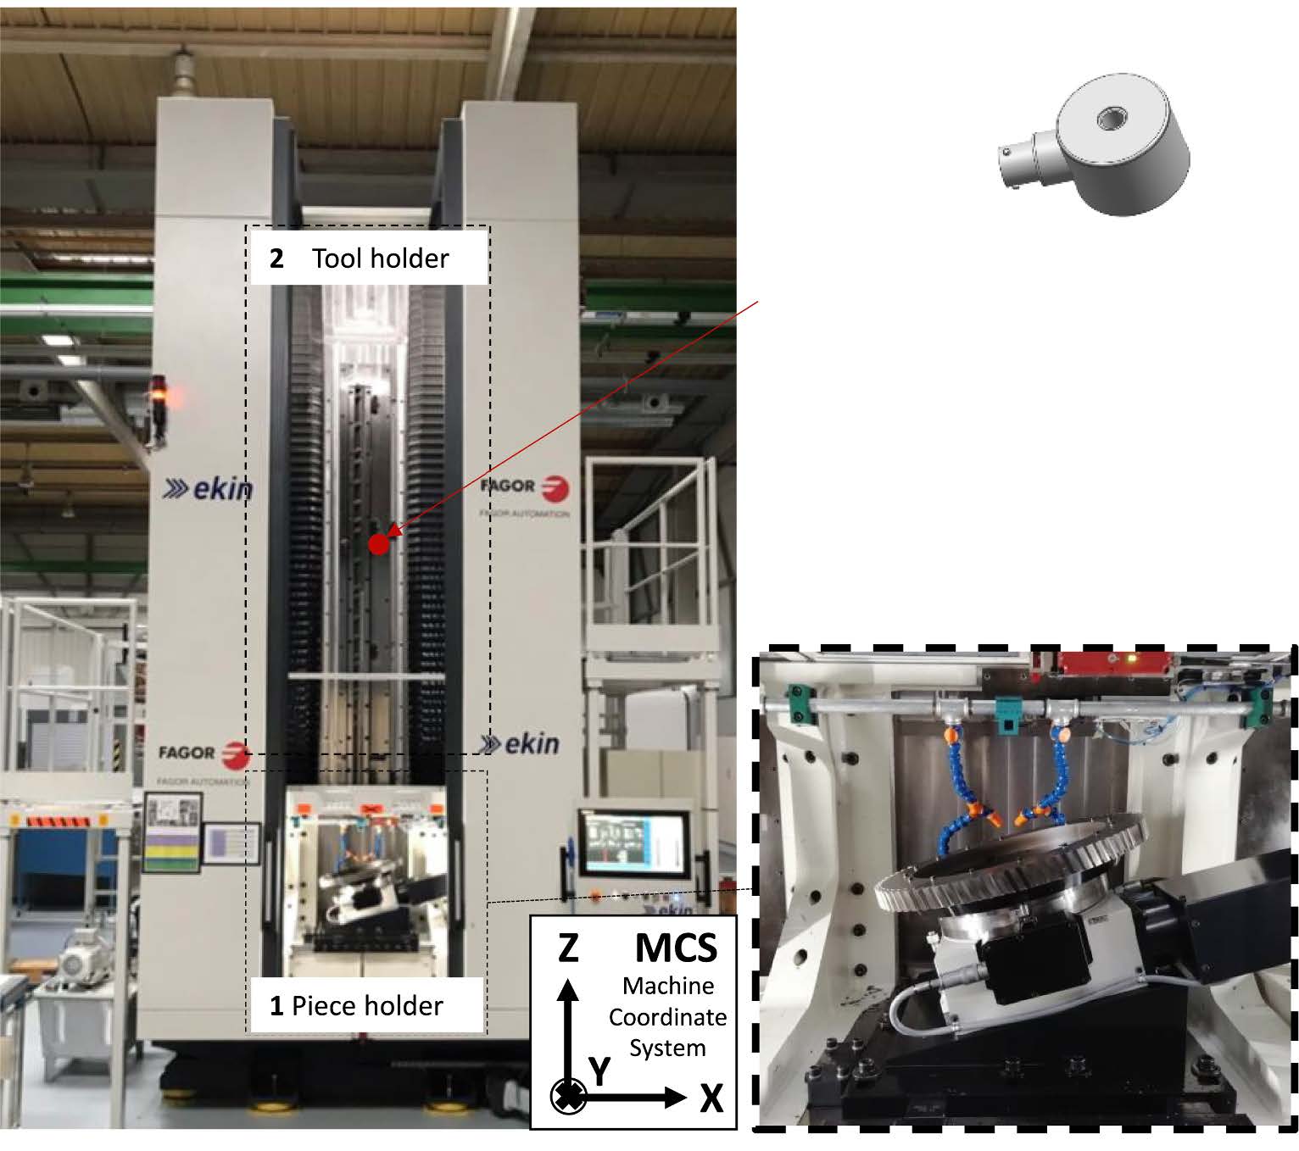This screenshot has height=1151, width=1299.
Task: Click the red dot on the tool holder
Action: [x=379, y=544]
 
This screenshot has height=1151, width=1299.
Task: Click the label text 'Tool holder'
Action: [x=380, y=259]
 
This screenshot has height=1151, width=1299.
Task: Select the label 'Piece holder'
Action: [x=367, y=1006]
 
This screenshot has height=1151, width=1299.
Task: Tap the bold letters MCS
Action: [x=676, y=947]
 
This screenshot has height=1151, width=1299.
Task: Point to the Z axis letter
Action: [x=568, y=948]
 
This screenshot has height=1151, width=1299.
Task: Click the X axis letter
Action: [x=711, y=1099]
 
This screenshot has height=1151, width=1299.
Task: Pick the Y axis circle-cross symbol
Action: [x=568, y=1097]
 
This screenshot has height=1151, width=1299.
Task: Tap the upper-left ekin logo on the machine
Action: [x=209, y=488]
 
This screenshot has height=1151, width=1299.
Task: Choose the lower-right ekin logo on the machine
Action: [x=519, y=744]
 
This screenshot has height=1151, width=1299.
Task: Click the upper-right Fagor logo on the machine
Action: [x=525, y=487]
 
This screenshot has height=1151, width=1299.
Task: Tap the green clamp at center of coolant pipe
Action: [x=1006, y=712]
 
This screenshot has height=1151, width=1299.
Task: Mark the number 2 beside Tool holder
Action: [x=276, y=259]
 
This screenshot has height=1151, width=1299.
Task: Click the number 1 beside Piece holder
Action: [x=276, y=1006]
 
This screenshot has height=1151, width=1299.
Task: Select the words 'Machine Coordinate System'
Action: [x=667, y=1017]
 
